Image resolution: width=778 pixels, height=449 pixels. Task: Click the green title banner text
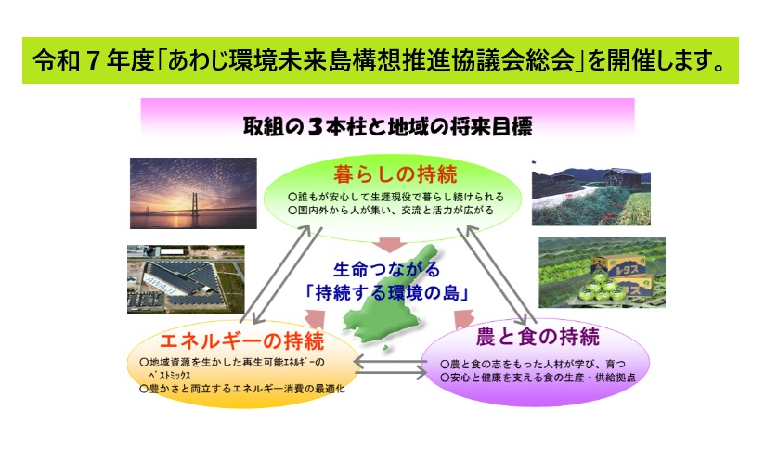(x=380, y=61)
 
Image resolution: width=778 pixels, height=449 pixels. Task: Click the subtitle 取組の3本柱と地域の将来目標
(x=387, y=126)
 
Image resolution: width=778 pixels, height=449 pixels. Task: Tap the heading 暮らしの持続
(x=395, y=174)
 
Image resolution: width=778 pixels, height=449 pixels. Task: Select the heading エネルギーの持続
(x=242, y=341)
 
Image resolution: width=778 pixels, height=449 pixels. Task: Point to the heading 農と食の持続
(x=538, y=337)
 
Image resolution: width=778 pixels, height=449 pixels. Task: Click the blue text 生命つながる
(x=386, y=270)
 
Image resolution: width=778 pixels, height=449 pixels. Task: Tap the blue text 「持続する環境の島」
(x=387, y=293)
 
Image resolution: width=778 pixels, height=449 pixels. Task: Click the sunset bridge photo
(x=193, y=193)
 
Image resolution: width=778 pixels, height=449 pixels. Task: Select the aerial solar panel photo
(x=186, y=279)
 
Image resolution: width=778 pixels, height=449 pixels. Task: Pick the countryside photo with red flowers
(x=591, y=193)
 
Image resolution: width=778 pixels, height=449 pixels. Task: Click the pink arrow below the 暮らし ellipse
(x=390, y=245)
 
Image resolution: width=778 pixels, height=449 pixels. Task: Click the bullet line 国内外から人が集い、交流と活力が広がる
(x=391, y=211)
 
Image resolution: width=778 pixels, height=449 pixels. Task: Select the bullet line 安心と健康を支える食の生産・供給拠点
(x=538, y=378)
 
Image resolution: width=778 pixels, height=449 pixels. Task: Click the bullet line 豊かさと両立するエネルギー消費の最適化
(x=242, y=389)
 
